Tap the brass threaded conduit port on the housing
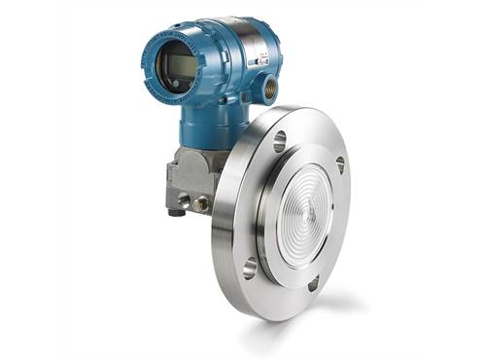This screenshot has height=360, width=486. pyautogui.click(x=268, y=90)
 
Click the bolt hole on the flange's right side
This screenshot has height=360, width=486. pyautogui.click(x=339, y=164)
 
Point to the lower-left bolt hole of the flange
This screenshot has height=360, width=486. pyautogui.click(x=250, y=266)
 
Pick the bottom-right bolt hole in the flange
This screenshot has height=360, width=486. pyautogui.click(x=313, y=283)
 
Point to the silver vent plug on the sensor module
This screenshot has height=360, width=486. pyautogui.click(x=184, y=200)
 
